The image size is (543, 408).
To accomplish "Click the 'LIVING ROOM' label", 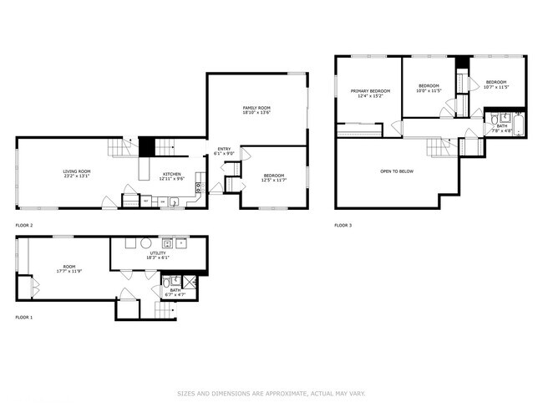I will tap(77, 171).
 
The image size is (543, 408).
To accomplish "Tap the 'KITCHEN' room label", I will tap(171, 174).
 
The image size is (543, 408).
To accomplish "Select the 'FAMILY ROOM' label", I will tap(256, 108).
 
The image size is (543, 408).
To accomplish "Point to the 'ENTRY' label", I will tap(224, 149).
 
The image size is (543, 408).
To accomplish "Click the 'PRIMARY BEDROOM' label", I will tap(370, 90).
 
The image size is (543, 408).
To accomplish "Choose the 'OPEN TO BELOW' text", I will tap(397, 171).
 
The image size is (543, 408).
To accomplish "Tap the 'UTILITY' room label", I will tap(158, 252).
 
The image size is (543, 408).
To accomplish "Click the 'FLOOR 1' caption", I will tap(24, 318).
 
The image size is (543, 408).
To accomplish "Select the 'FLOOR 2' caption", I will tap(24, 226).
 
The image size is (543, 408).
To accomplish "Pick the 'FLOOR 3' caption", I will tap(343, 226).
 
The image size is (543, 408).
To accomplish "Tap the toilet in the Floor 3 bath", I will tap(495, 117).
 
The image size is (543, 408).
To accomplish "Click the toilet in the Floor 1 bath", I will tap(167, 283).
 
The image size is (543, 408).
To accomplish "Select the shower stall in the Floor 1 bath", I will tap(190, 282).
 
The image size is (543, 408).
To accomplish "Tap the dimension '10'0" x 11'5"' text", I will tap(429, 90).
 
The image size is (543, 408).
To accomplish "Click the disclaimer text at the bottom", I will tap(271, 394).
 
